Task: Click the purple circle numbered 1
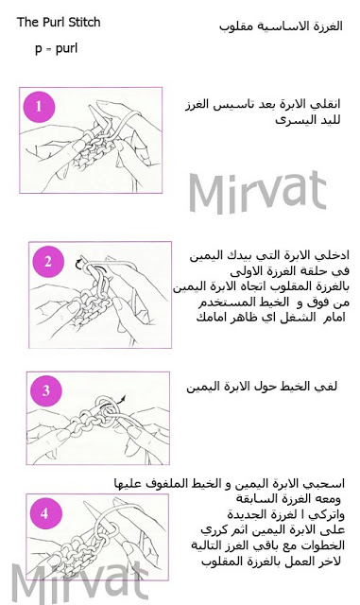click(x=39, y=107)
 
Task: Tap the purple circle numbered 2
click(x=48, y=262)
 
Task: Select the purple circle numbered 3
click(x=46, y=390)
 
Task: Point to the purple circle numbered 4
click(x=44, y=513)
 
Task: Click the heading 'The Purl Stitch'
click(x=59, y=23)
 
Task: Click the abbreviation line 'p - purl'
click(x=57, y=48)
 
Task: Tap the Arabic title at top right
click(x=281, y=26)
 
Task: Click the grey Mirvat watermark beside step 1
click(x=258, y=192)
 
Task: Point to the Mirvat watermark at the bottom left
click(x=79, y=581)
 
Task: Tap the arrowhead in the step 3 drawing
click(x=123, y=397)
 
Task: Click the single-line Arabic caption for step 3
click(x=262, y=387)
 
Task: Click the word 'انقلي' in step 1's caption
click(x=329, y=104)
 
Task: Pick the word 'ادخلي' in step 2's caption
click(x=336, y=255)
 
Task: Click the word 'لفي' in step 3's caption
click(x=329, y=387)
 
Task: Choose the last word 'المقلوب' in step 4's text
click(x=220, y=562)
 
